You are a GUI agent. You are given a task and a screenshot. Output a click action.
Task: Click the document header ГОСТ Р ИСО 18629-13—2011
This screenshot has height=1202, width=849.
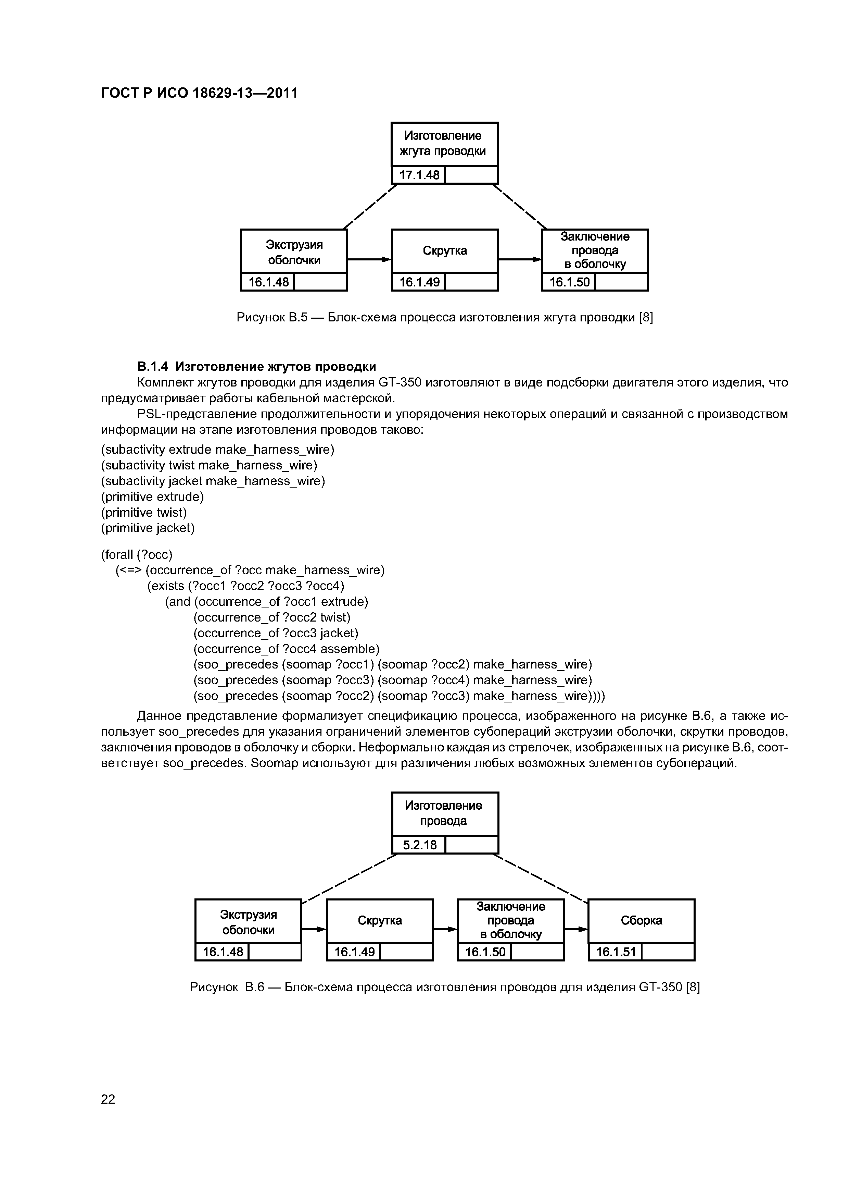[x=199, y=93]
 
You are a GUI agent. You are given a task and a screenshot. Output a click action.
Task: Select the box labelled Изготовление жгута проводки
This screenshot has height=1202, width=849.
[x=444, y=144]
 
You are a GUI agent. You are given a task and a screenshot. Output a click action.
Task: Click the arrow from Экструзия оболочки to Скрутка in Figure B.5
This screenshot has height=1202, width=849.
[x=369, y=259]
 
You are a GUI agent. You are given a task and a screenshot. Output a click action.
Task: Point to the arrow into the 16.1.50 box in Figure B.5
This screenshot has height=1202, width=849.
[x=519, y=259]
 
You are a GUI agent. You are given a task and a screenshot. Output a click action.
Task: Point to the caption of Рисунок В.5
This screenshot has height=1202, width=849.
[x=445, y=317]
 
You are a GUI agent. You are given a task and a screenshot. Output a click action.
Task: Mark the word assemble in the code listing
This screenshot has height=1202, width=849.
[x=350, y=649]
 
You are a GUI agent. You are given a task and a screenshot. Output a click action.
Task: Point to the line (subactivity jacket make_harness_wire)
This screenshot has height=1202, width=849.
[x=213, y=481]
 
